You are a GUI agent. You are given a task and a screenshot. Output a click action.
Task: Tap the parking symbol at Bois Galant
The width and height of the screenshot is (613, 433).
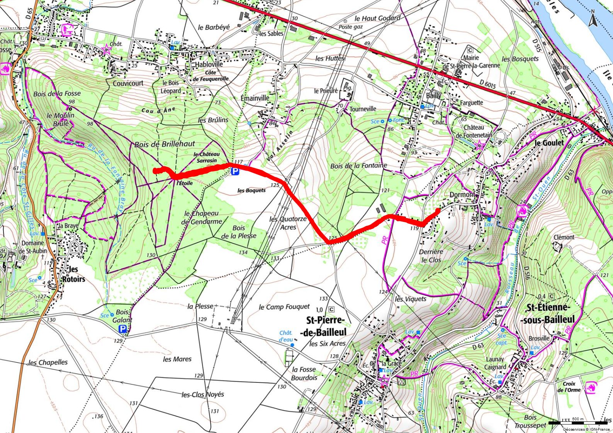pos(123,329)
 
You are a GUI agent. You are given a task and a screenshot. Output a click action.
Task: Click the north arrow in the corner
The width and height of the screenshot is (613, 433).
pos(593,18)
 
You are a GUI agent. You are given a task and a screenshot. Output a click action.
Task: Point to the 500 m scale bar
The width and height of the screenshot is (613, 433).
pos(578,423)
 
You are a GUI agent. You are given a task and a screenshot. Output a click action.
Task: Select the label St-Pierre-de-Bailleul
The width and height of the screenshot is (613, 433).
pos(326,326)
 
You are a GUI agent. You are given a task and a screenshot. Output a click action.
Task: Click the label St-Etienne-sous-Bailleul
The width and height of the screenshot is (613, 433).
pos(548,313)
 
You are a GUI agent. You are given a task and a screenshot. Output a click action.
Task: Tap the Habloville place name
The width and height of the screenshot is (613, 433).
pos(209,64)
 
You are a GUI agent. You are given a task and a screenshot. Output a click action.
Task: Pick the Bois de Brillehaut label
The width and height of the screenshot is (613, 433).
pos(165,144)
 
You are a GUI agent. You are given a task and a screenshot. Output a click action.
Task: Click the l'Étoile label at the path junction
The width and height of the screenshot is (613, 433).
pos(185,183)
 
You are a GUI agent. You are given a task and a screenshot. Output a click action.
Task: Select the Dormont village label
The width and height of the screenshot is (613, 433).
pos(462,195)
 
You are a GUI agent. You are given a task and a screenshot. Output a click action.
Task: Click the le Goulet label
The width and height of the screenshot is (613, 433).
pos(548,143)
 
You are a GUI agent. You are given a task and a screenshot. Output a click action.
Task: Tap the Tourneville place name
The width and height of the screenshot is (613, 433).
pos(363,109)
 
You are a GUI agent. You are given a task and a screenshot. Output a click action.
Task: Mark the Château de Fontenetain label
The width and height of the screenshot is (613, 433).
pos(474,131)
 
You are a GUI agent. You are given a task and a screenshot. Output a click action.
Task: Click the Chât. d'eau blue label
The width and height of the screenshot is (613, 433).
pos(286,336)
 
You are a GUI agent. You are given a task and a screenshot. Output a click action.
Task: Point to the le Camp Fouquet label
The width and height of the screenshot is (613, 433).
pos(284,307)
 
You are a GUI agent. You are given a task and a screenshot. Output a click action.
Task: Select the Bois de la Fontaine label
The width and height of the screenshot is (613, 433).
pos(358,166)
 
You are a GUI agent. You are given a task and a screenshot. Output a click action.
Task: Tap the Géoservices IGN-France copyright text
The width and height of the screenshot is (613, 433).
pos(586,429)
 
